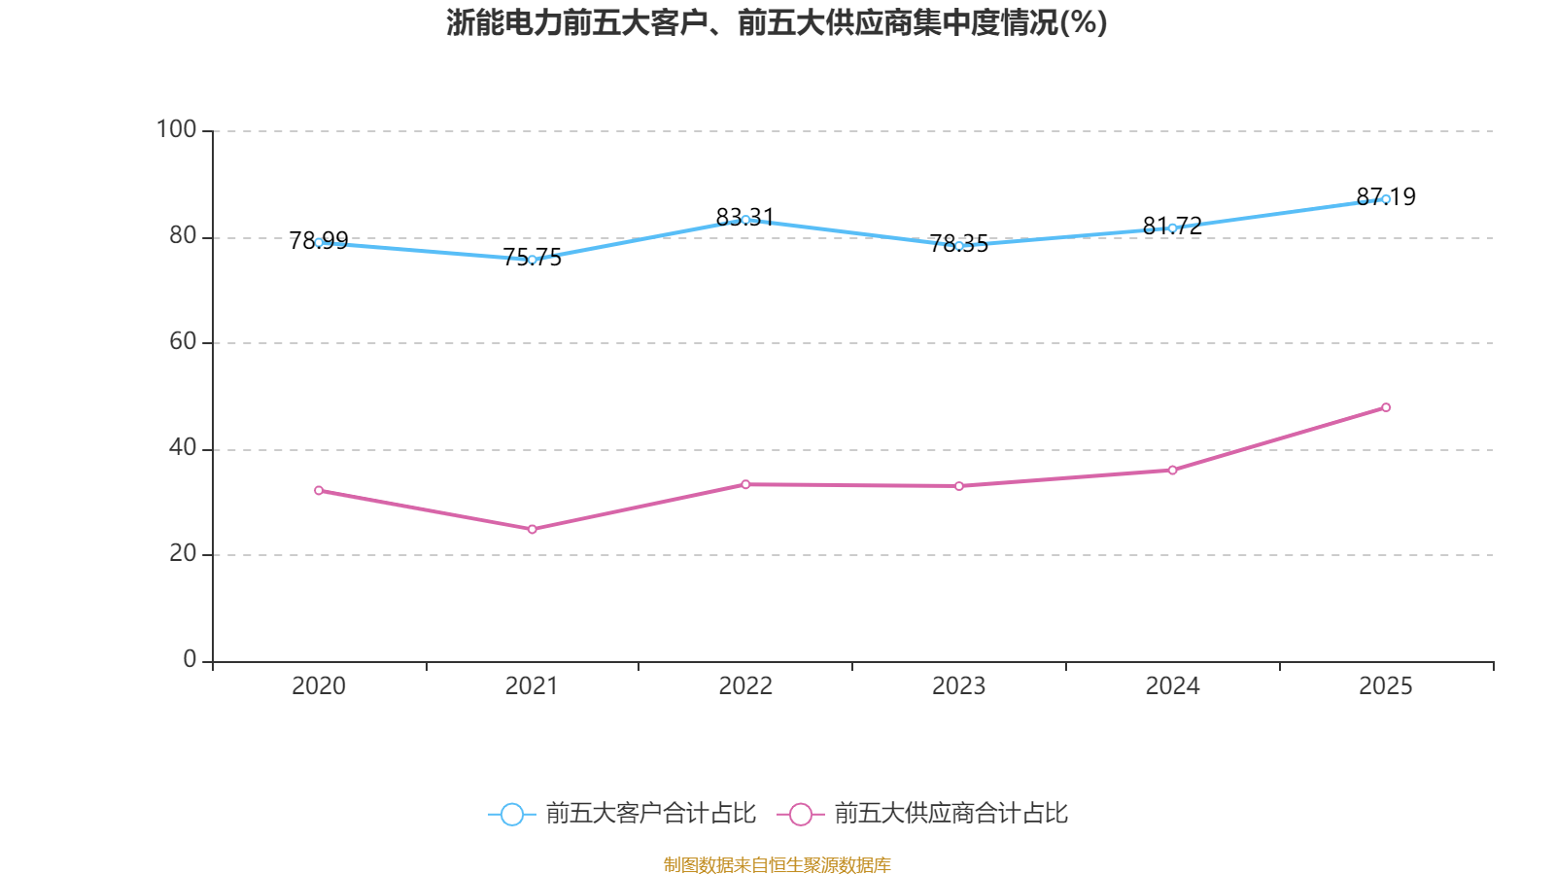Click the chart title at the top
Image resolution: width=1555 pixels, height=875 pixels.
(x=777, y=22)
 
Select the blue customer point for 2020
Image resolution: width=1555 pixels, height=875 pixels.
(x=319, y=242)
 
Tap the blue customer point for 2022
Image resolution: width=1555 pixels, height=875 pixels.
(x=745, y=220)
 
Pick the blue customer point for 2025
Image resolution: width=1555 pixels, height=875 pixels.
(x=1386, y=199)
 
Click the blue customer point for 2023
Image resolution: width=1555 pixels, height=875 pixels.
(x=959, y=246)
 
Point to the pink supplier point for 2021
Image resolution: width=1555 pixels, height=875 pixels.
(x=532, y=529)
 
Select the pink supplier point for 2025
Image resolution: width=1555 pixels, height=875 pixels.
(x=1386, y=407)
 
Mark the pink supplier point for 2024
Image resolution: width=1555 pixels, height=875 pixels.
(x=1172, y=471)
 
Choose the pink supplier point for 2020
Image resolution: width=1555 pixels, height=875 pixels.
(x=319, y=490)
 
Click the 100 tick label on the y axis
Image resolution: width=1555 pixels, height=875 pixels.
(x=176, y=129)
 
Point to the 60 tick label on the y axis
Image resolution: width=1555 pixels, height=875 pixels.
(x=183, y=341)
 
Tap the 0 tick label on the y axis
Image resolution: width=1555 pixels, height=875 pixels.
(x=190, y=659)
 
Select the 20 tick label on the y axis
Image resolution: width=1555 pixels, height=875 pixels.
(x=183, y=553)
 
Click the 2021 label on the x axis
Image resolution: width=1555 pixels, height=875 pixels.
(x=532, y=686)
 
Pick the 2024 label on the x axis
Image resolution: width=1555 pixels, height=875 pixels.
(x=1172, y=686)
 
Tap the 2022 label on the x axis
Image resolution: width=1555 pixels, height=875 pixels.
(x=745, y=686)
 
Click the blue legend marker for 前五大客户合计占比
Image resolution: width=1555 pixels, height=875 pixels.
(x=511, y=814)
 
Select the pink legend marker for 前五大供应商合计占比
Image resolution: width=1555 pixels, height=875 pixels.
(x=800, y=814)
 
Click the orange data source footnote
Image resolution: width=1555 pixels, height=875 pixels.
(x=777, y=864)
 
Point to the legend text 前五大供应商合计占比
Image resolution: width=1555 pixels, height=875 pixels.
(x=950, y=814)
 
